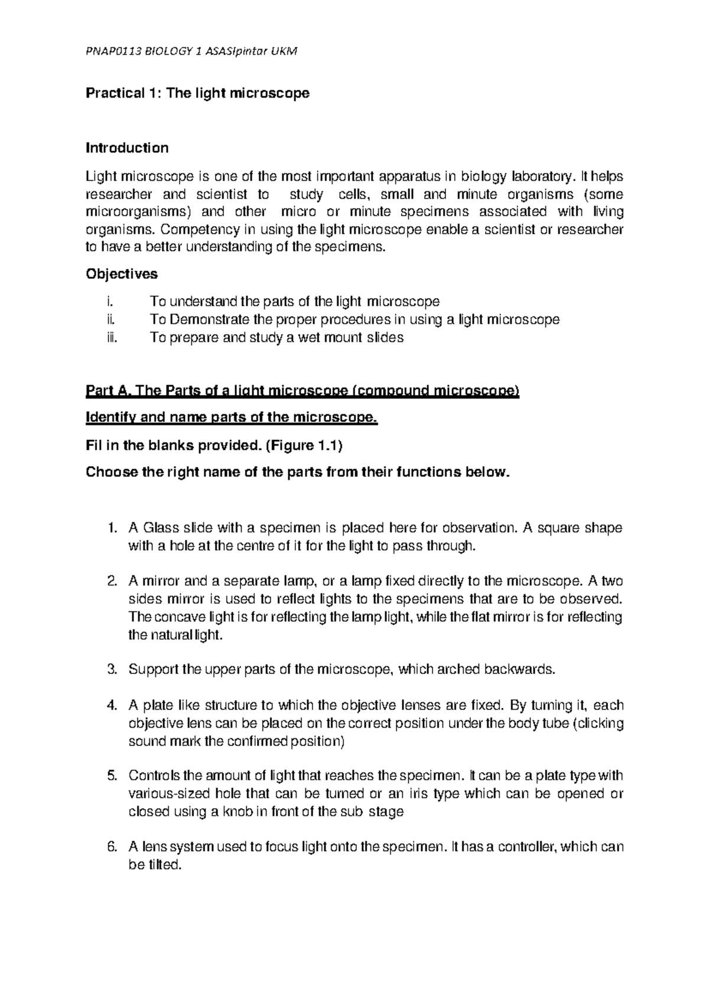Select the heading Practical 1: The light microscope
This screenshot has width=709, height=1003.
click(197, 93)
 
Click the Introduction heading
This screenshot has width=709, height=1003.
click(127, 148)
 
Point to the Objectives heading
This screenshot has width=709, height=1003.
click(122, 274)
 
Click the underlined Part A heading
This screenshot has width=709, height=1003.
click(302, 391)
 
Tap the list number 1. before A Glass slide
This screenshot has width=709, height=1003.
click(114, 527)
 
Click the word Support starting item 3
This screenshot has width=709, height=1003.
click(153, 669)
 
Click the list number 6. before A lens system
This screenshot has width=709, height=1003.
click(114, 847)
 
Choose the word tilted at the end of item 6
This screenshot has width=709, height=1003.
click(161, 865)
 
